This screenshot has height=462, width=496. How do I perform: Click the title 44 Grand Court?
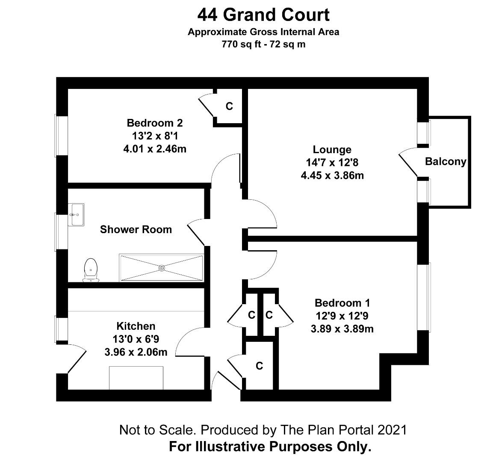[x=263, y=15]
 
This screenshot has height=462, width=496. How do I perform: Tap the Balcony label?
[x=445, y=162]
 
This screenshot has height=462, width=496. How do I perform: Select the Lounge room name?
[x=332, y=150]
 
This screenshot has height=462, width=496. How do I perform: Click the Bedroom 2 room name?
[x=154, y=123]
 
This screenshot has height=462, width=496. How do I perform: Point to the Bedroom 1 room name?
[x=342, y=303]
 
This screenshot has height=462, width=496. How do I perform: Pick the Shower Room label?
[x=136, y=230]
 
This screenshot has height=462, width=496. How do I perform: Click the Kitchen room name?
[x=136, y=326]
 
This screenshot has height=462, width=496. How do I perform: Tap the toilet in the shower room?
[x=91, y=270]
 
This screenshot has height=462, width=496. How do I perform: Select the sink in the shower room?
[x=77, y=215]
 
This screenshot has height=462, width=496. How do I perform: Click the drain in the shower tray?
[x=162, y=268]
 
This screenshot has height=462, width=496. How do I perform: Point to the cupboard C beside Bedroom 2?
[x=229, y=107]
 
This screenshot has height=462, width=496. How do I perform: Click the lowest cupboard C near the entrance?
[x=259, y=366]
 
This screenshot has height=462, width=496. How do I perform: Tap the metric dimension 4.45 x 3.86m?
[x=332, y=175]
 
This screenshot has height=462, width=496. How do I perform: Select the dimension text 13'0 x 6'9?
[x=136, y=339]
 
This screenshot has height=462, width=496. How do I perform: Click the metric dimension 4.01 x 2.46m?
[x=154, y=149]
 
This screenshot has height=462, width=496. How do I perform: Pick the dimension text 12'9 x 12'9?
[x=342, y=316]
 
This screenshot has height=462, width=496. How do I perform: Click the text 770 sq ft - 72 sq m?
[x=263, y=44]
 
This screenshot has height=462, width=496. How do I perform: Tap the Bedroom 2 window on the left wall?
[x=62, y=135]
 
